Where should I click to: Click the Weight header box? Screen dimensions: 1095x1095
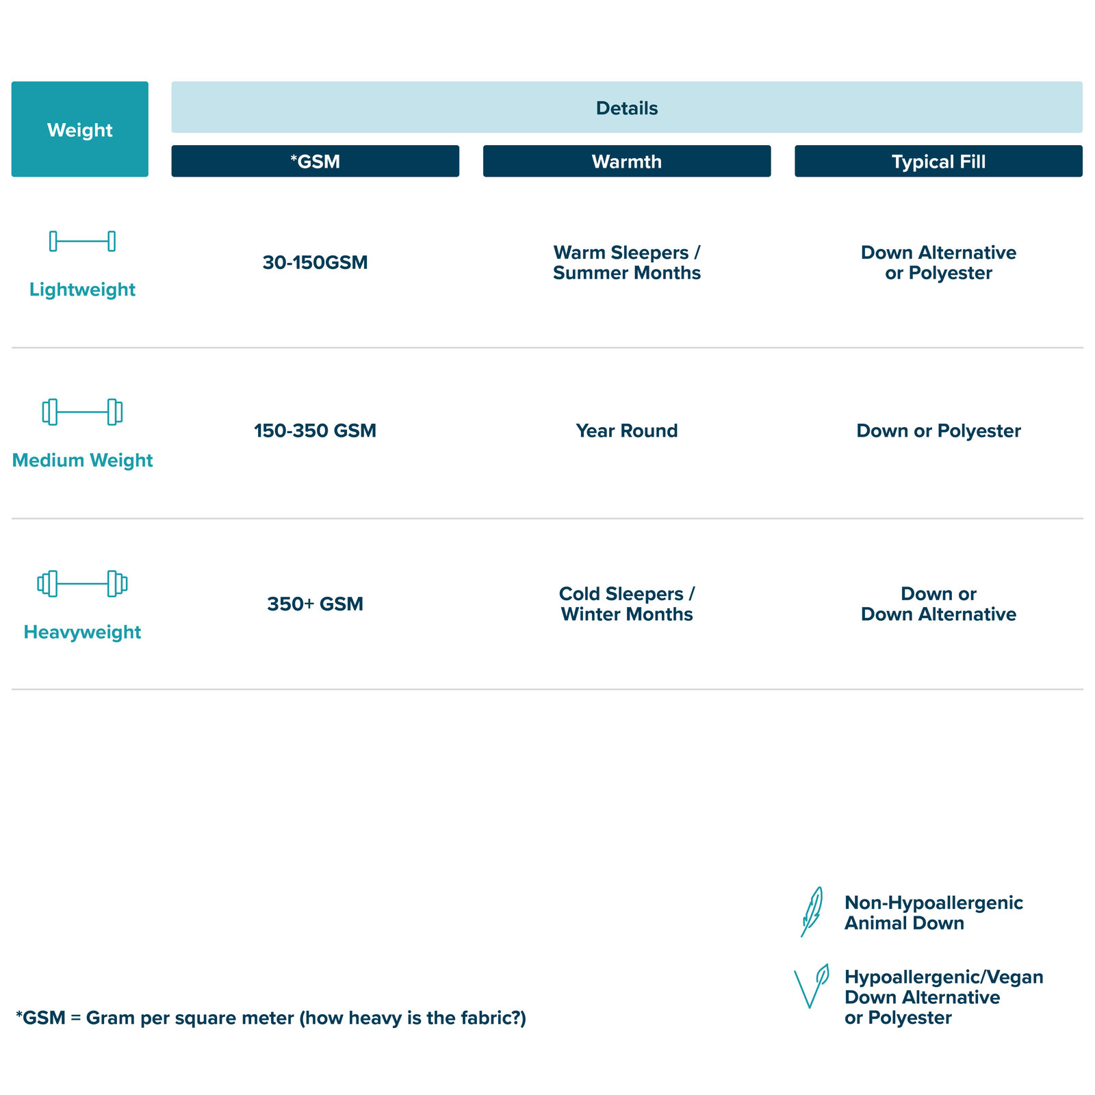[x=80, y=129]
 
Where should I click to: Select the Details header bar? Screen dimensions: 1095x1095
[x=627, y=107]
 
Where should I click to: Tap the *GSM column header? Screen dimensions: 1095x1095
[x=315, y=161]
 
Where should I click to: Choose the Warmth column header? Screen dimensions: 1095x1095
[x=627, y=161]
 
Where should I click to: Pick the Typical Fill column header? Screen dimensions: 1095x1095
[x=938, y=161]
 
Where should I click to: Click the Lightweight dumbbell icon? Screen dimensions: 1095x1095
[x=82, y=241]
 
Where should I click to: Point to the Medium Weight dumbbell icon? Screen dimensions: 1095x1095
[x=82, y=412]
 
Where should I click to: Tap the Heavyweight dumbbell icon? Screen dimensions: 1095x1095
[x=82, y=584]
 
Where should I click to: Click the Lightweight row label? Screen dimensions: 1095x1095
[x=82, y=289]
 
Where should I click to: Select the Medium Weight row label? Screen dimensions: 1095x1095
[x=82, y=460]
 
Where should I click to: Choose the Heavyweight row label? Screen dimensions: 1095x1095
[x=82, y=632]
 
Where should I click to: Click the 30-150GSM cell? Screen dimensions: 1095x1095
[x=315, y=262]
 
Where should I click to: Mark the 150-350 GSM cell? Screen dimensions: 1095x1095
[x=315, y=430]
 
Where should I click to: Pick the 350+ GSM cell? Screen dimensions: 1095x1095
[x=315, y=604]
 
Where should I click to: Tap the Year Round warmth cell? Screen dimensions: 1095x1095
[x=627, y=430]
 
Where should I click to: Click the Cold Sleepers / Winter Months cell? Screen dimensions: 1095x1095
[x=627, y=604]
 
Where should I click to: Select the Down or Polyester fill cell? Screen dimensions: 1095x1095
[x=938, y=430]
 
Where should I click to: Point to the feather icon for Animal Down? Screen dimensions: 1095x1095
[x=812, y=912]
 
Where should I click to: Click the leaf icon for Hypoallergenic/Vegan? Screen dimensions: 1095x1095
[x=810, y=986]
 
